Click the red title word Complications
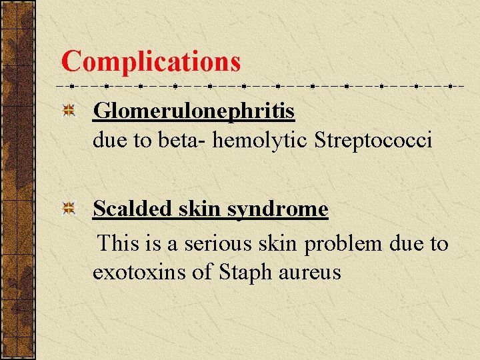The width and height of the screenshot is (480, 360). pos(151,61)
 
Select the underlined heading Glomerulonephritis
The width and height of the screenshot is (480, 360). pos(193,111)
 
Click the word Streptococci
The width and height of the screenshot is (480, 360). pos(373,141)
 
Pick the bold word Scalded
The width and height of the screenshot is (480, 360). pos(127,209)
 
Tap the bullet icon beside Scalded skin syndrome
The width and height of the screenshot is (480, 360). pos(68,210)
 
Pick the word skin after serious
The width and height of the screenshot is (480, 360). pos(277,244)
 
